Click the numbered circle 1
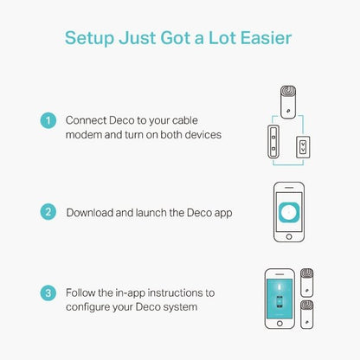click(x=48, y=120)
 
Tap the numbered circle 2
click(x=48, y=211)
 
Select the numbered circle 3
click(x=48, y=293)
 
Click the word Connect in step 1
click(x=87, y=120)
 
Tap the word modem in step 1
click(x=85, y=135)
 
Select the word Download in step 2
click(x=93, y=211)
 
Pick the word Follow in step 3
click(x=83, y=293)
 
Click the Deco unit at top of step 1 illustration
click(x=286, y=101)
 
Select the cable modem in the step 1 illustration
click(x=272, y=138)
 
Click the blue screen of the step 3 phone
click(x=280, y=299)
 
